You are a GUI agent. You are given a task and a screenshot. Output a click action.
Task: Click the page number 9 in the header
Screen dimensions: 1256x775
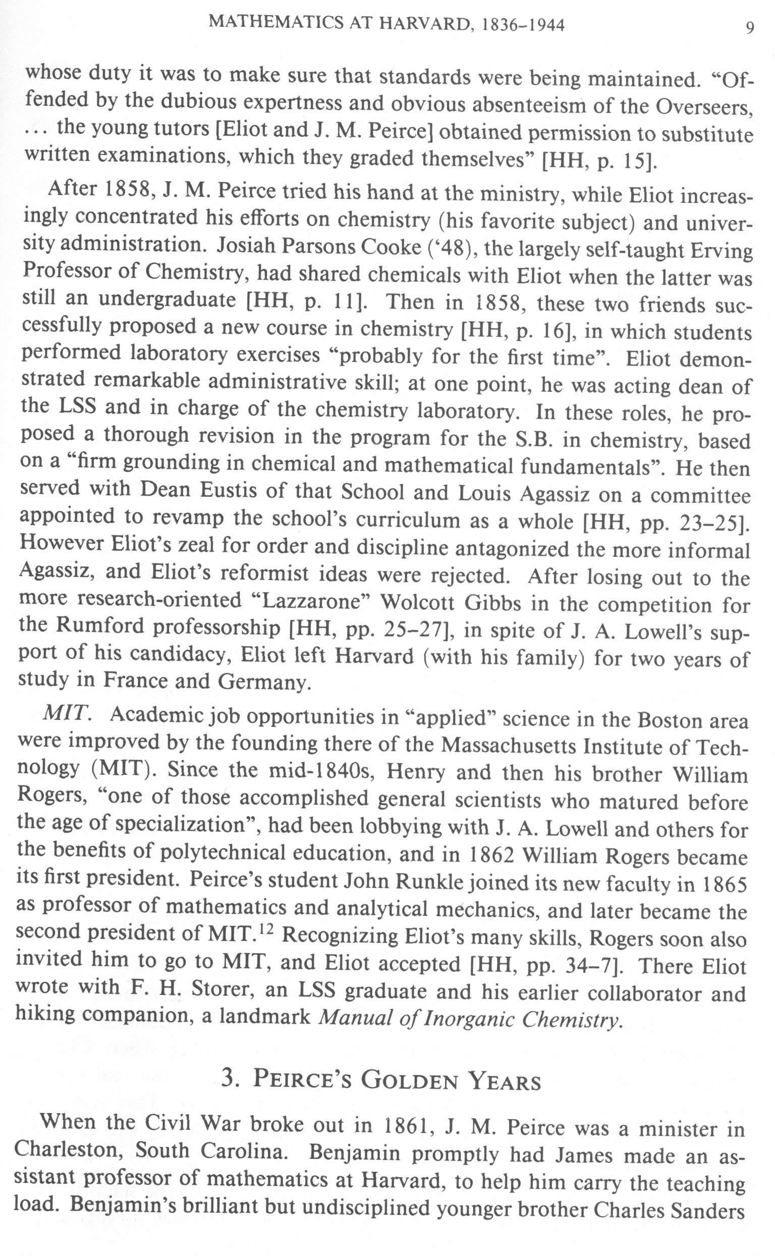(749, 27)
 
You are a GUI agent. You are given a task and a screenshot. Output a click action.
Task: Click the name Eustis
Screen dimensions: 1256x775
(228, 491)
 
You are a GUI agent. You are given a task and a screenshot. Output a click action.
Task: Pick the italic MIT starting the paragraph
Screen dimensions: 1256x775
(67, 713)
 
